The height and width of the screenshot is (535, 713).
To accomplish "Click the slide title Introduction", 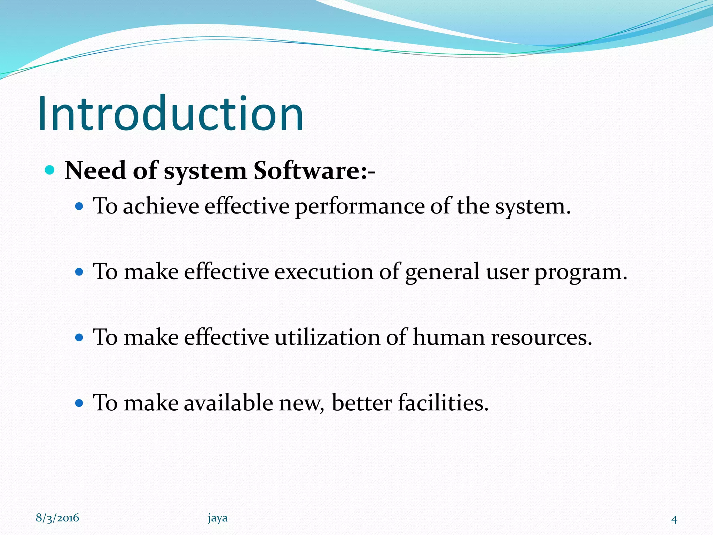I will coord(171,114).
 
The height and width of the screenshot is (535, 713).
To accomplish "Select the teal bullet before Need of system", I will coord(50,170).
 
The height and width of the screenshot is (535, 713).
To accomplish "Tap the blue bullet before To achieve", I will coord(79,207).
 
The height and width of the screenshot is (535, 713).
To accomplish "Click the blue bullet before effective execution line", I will coord(79,272).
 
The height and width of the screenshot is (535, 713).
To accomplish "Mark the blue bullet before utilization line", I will coord(79,337).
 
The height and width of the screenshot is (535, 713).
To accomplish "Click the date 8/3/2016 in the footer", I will coord(57,518).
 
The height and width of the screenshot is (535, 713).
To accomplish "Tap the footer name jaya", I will coord(218,518).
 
